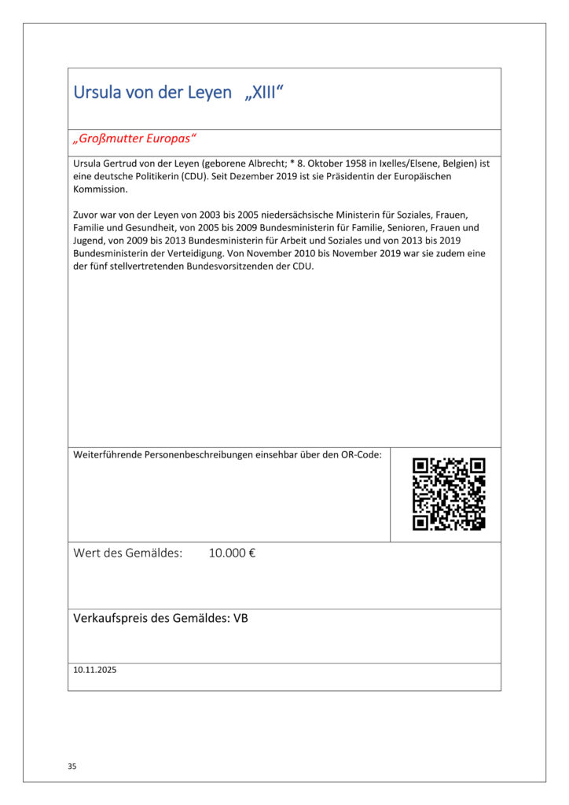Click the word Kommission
(x=100, y=189)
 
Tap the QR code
(x=449, y=494)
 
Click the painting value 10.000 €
(x=232, y=553)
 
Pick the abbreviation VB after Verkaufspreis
(x=240, y=619)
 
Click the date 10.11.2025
(x=95, y=671)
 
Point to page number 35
(x=72, y=766)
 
